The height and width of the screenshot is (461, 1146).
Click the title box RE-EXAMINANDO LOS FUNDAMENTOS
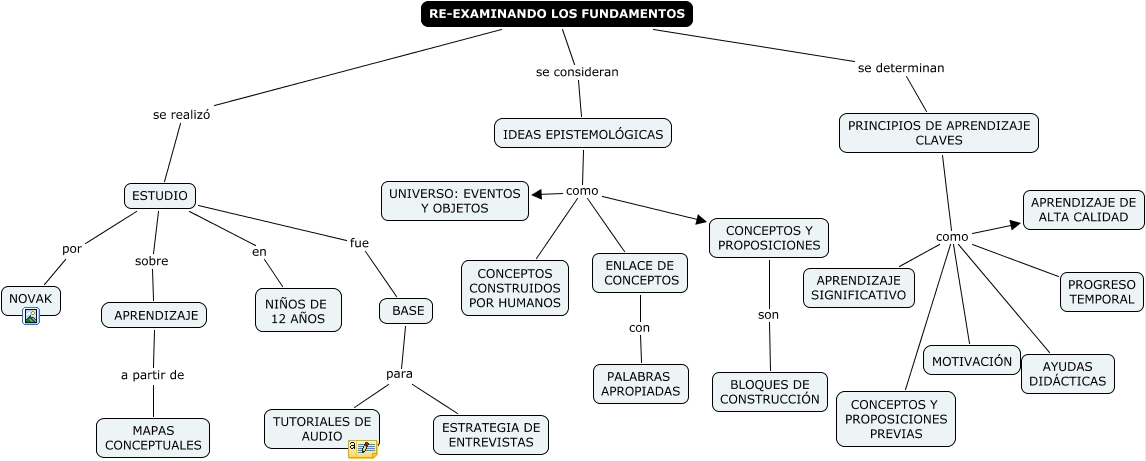[x=556, y=14]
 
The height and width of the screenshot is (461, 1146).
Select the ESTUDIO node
[x=160, y=196]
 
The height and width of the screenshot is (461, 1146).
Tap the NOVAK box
[x=31, y=298]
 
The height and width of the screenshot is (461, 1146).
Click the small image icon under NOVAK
[x=31, y=317]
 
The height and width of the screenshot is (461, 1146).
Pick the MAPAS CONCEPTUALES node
[x=153, y=437]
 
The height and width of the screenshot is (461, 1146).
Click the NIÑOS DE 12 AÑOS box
[x=297, y=310]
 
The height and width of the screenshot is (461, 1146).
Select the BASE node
[x=407, y=311]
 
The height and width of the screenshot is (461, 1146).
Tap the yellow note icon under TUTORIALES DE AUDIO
[x=362, y=449]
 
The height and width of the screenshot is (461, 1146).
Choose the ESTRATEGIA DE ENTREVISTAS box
[x=491, y=434]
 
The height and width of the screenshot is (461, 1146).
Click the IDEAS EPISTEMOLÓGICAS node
[x=582, y=133]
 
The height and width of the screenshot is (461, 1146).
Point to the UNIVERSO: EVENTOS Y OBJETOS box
[x=455, y=201]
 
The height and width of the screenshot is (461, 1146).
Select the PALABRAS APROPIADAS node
[x=641, y=384]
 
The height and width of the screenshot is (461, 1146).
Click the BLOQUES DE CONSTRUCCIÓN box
[x=769, y=392]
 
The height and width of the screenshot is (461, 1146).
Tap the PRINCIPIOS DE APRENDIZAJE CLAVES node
[x=938, y=133]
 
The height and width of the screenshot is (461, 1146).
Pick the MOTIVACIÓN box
[x=972, y=361]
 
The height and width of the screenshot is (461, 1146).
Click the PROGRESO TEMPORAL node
[x=1100, y=291]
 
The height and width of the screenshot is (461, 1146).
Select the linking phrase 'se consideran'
[x=577, y=72]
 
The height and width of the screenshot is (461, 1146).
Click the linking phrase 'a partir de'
[x=153, y=375]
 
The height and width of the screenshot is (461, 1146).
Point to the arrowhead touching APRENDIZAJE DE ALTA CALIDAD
[x=1016, y=225]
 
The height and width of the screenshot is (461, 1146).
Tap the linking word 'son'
[x=768, y=315]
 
